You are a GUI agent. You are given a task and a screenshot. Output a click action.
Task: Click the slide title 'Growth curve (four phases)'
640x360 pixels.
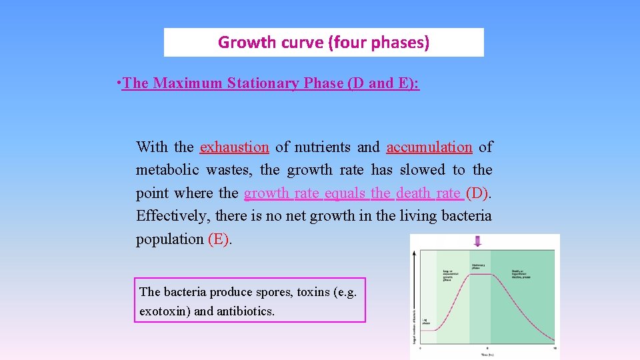point(323,43)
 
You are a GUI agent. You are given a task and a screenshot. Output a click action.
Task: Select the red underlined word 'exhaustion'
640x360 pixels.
point(234,147)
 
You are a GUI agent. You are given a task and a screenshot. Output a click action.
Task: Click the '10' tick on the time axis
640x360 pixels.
point(555,349)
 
